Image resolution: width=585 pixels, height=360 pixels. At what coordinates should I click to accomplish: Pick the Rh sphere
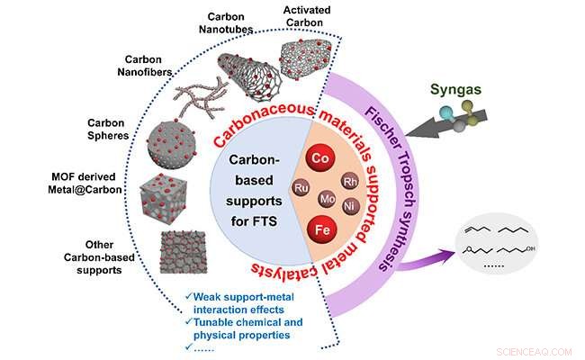pos(351,183)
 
